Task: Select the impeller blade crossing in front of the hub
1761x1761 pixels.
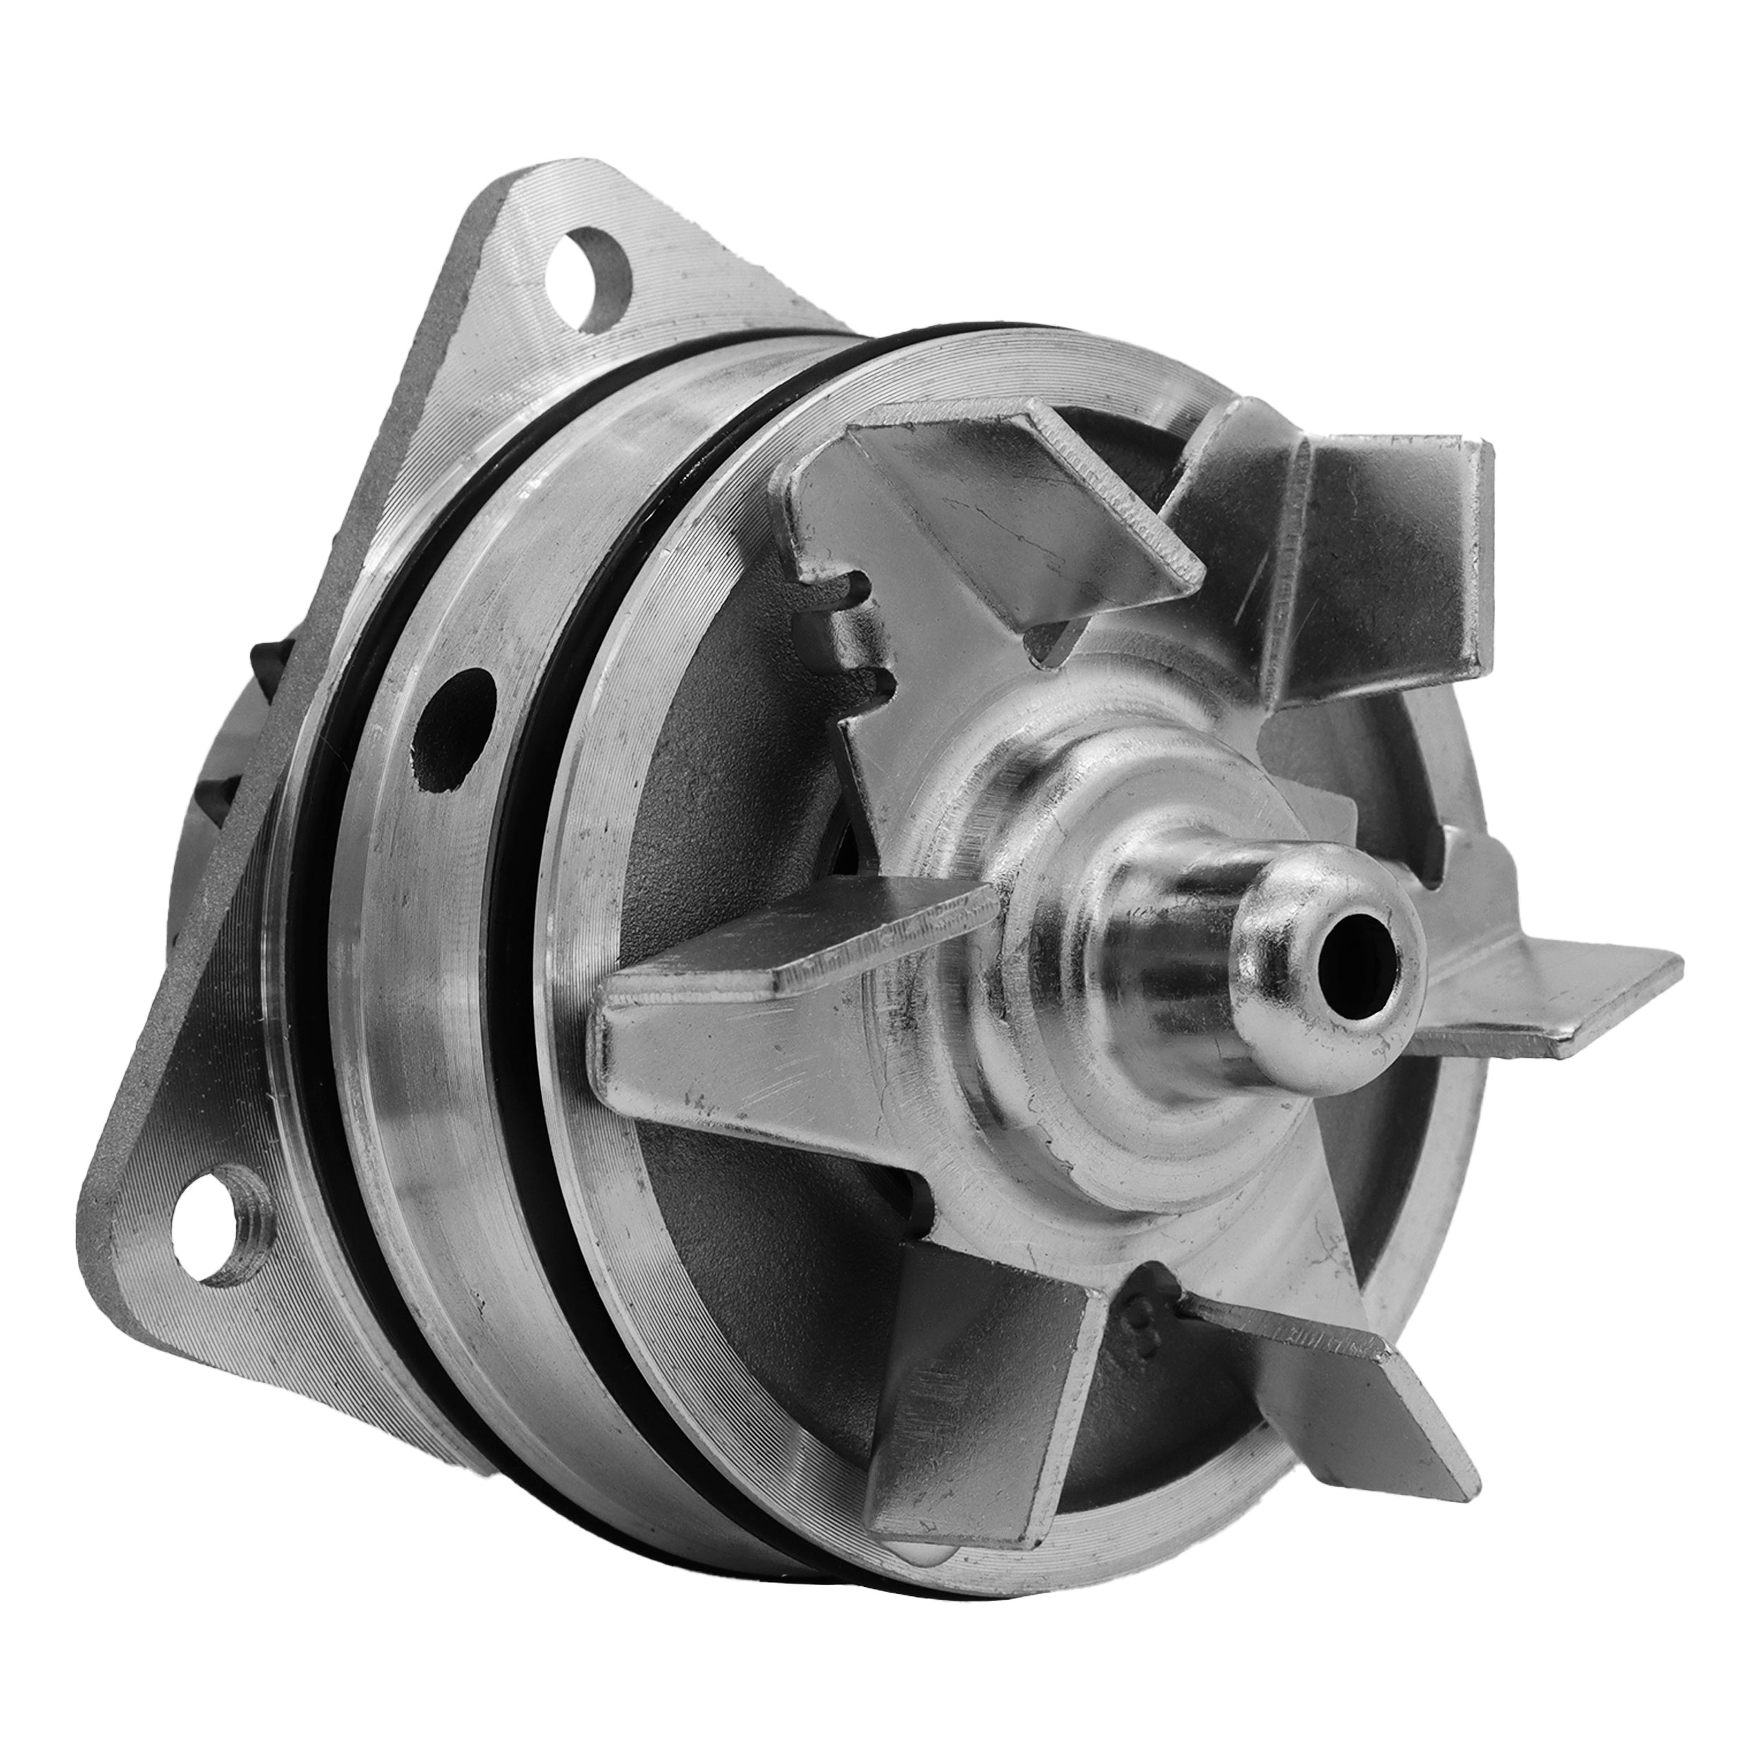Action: coord(793,1021)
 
